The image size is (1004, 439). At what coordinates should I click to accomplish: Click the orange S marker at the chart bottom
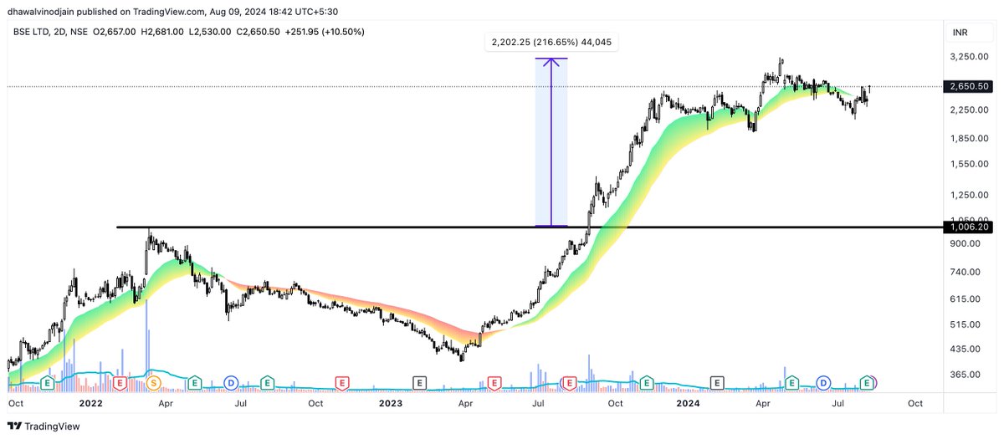pyautogui.click(x=153, y=383)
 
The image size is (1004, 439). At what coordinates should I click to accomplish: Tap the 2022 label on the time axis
pyautogui.click(x=90, y=403)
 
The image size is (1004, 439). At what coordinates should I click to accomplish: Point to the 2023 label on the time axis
pyautogui.click(x=390, y=403)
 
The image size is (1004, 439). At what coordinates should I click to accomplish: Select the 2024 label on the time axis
pyautogui.click(x=688, y=403)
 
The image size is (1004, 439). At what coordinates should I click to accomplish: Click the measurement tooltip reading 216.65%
pyautogui.click(x=551, y=42)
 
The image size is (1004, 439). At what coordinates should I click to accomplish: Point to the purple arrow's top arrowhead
pyautogui.click(x=551, y=60)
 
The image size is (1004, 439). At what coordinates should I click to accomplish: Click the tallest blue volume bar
pyautogui.click(x=147, y=334)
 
